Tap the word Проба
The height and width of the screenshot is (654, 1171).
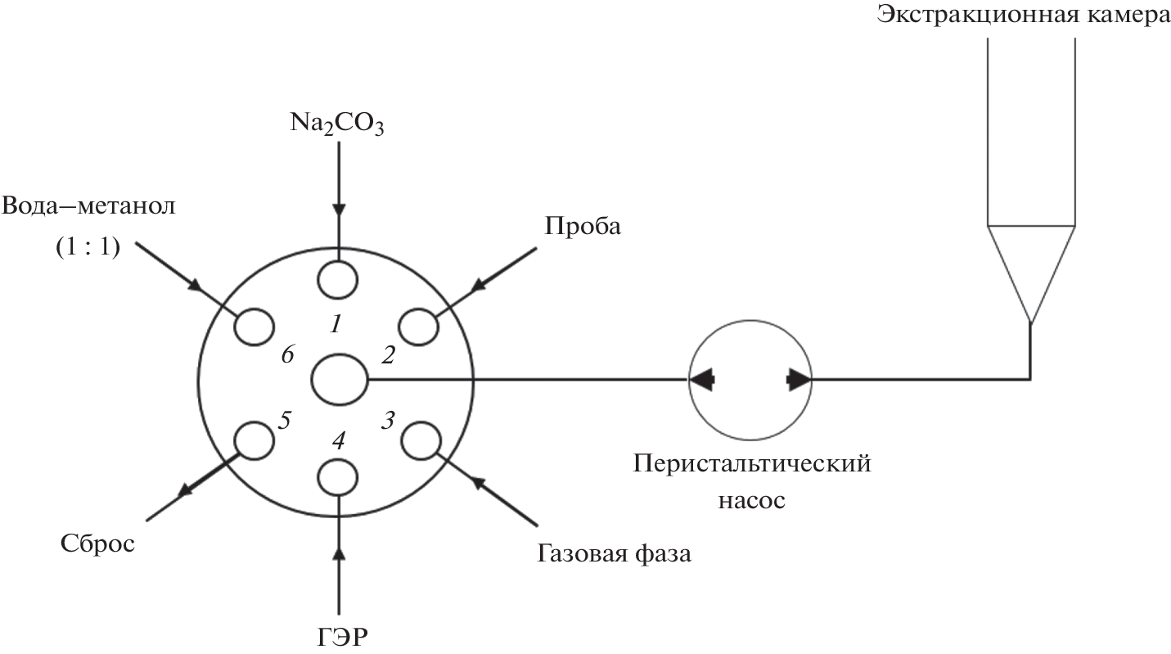tap(583, 225)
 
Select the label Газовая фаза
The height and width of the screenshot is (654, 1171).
tap(615, 554)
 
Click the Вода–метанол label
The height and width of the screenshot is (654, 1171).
tap(88, 205)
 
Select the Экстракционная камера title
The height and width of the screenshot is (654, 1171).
tap(1023, 17)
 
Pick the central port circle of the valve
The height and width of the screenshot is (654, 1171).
tap(340, 379)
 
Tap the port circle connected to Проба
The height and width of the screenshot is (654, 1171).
tap(418, 327)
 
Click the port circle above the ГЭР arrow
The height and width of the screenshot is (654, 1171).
tap(337, 476)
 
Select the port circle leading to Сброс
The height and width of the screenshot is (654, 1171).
tap(254, 440)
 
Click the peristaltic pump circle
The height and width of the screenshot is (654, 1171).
tap(750, 380)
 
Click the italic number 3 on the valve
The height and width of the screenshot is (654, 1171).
tap(388, 421)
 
